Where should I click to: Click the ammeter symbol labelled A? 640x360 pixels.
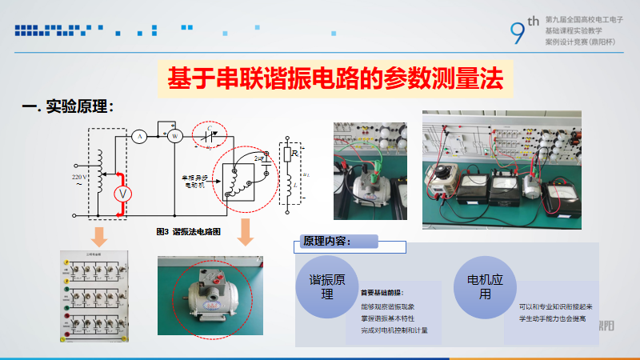click(139, 137)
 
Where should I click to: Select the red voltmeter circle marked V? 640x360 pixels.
click(122, 194)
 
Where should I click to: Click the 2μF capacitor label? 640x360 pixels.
click(258, 160)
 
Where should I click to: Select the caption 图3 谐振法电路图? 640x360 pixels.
click(189, 231)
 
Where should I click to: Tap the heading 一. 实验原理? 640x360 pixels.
click(69, 106)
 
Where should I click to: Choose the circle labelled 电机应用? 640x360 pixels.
click(484, 286)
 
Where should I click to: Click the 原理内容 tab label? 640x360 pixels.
click(328, 241)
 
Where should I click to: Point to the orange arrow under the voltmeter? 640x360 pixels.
click(99, 236)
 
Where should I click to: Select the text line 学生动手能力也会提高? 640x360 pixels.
click(552, 318)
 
